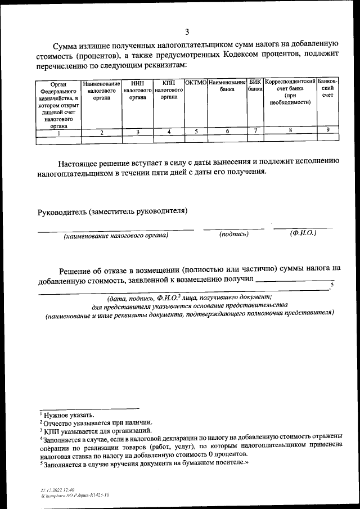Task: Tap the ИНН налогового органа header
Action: (x=138, y=90)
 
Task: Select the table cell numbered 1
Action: (x=59, y=133)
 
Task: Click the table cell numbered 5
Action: (x=196, y=132)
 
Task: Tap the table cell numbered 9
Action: (x=327, y=130)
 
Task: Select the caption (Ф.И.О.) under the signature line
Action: (x=303, y=232)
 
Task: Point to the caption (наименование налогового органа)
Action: (x=116, y=236)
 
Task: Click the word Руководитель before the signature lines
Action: (x=61, y=211)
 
